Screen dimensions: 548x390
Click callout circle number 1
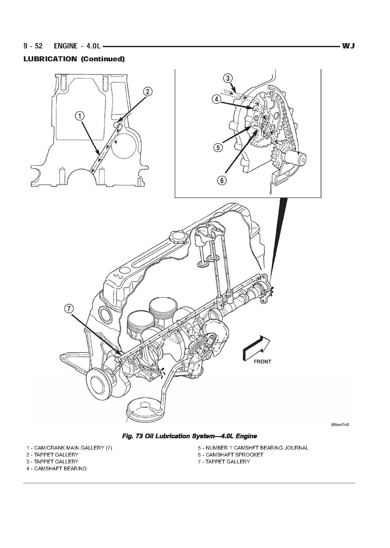coord(80,116)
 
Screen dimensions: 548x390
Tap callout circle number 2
coord(148,91)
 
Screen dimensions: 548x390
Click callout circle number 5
coord(218,147)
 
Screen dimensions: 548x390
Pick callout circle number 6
coord(222,180)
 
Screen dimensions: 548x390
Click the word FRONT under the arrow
coord(262,362)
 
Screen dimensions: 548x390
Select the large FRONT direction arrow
coord(256,347)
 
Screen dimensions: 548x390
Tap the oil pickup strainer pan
coord(144,409)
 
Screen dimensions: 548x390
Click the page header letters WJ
coord(348,46)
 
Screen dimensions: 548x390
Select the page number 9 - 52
coord(33,46)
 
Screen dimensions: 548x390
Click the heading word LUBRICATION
coord(50,59)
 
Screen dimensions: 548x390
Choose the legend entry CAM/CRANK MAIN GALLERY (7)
coord(69,448)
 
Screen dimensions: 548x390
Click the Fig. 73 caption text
coord(189,436)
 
